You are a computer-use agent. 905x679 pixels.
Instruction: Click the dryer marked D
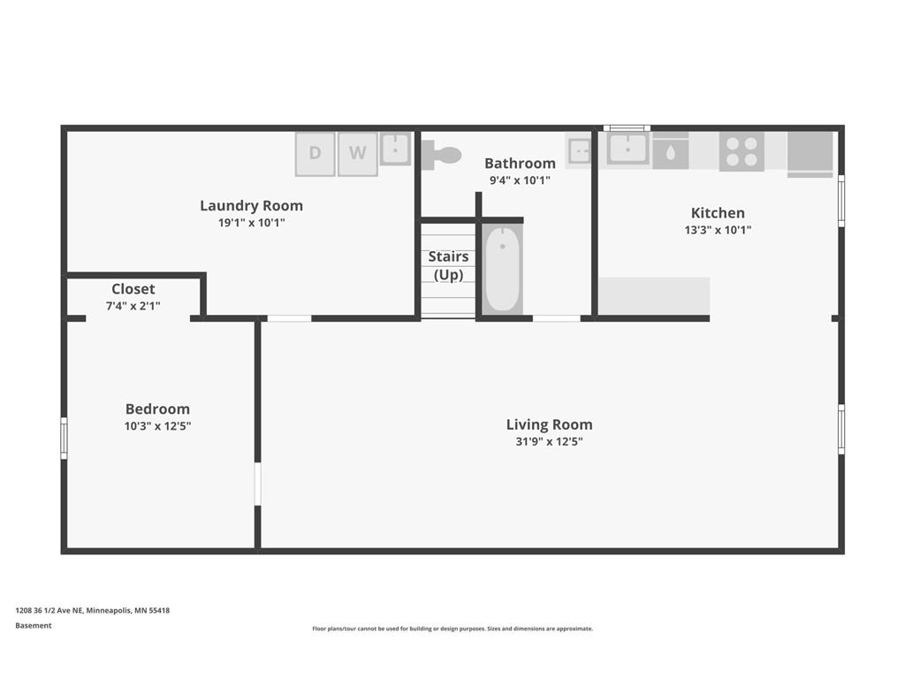pos(316,154)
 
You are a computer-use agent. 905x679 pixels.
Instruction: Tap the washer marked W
pos(358,154)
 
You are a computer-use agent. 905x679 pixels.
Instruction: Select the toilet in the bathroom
pos(442,155)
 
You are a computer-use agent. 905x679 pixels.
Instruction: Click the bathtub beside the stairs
pos(503,270)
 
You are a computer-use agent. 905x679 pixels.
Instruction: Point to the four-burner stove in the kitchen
pos(741,152)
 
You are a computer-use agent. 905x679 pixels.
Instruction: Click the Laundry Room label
pos(252,205)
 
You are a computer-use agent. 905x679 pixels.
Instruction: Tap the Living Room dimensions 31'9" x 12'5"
pos(550,442)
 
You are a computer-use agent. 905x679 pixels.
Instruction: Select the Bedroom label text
pos(157,408)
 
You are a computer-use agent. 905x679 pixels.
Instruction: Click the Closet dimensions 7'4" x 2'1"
pos(133,306)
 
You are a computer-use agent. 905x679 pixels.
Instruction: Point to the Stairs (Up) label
pos(448,265)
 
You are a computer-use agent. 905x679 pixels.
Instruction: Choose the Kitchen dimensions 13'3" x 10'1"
pos(718,230)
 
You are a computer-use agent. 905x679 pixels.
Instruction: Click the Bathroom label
pos(520,164)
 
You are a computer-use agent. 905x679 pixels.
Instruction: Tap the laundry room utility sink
pos(395,149)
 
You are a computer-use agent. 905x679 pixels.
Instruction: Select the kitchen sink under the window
pos(628,149)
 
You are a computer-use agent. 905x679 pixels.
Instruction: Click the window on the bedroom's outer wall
pos(64,439)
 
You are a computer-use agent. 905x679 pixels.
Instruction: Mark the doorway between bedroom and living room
pos(257,484)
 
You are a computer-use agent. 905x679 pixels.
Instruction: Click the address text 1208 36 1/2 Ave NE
pos(49,610)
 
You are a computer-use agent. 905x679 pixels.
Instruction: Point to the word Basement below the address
pos(34,625)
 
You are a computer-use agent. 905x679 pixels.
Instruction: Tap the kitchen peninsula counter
pos(654,296)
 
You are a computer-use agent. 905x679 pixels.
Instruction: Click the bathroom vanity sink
pos(580,151)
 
